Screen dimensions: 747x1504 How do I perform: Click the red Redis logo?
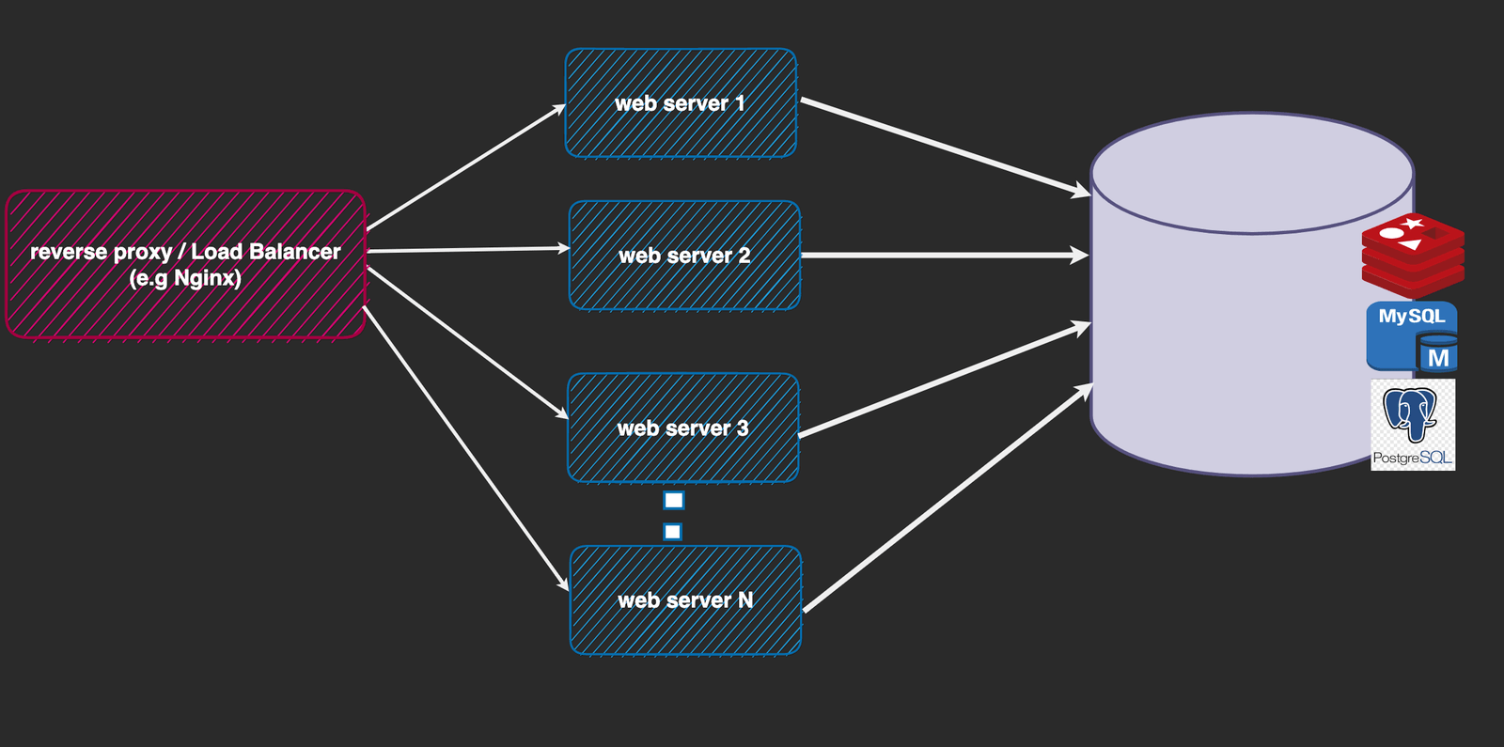[1413, 254]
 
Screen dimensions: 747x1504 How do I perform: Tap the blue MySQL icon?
[1412, 336]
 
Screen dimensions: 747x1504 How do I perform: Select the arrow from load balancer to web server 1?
[465, 168]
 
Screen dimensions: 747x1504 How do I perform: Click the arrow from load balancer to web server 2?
[468, 250]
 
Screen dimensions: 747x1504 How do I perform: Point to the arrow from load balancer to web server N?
[465, 447]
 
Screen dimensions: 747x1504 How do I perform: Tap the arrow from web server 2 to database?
[945, 255]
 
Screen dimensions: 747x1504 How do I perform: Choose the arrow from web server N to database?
[948, 499]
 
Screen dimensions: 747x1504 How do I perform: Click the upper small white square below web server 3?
[674, 500]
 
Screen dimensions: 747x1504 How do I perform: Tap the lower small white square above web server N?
[672, 532]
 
